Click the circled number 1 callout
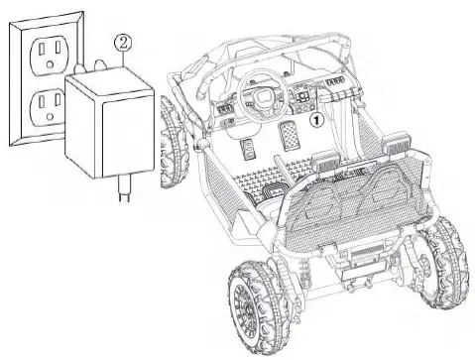[316, 120]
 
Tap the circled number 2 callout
[123, 43]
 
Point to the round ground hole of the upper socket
[51, 63]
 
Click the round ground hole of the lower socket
[51, 116]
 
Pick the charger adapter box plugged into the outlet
[109, 122]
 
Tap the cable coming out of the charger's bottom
[124, 187]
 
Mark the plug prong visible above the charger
[100, 64]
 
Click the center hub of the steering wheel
[263, 95]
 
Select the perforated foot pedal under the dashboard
[289, 137]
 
